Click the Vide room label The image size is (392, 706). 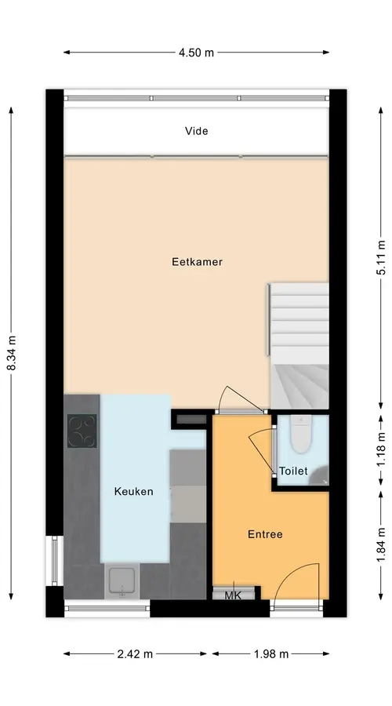[x=196, y=131]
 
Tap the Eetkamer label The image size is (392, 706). [x=197, y=261]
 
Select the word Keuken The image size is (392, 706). [x=133, y=491]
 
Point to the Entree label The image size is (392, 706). [x=265, y=534]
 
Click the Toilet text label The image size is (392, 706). [x=293, y=471]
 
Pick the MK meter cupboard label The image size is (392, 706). [x=233, y=595]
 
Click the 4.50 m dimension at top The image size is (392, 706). [x=196, y=53]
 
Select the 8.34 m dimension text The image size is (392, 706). [x=11, y=354]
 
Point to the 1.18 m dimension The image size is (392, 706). [x=381, y=449]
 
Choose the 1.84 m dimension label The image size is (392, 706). [x=381, y=545]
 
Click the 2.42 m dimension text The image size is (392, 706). [x=135, y=654]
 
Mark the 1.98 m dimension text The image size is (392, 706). [x=271, y=654]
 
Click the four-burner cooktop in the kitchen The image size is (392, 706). [x=82, y=431]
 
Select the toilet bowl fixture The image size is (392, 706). [x=301, y=434]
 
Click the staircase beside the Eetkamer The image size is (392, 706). [x=299, y=346]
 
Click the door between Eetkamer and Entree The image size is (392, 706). [x=241, y=411]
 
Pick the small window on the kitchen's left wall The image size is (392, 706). [x=54, y=560]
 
